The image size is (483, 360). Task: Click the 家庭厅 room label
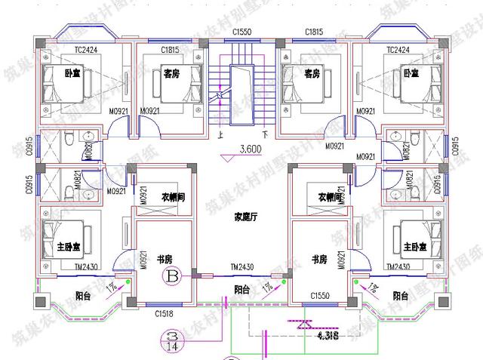point(246,217)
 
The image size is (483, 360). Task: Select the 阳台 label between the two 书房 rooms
point(242,289)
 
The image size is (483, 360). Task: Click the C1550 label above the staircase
point(242,32)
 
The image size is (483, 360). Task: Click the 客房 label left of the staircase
point(173,73)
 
